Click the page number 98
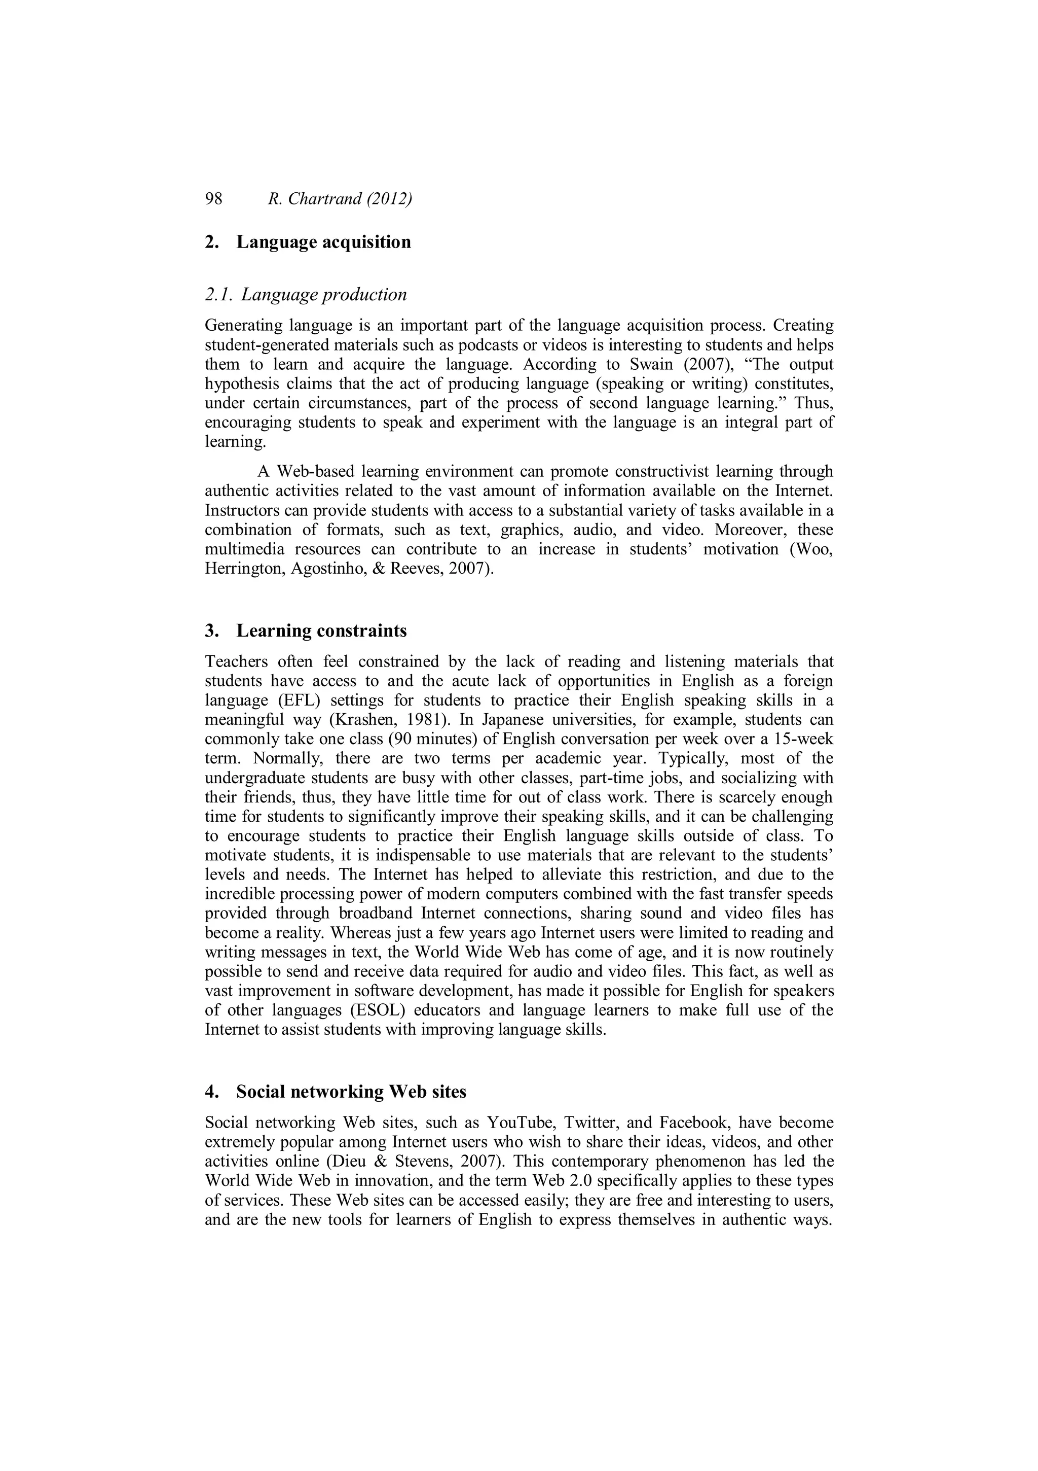click(213, 199)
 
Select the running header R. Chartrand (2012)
click(340, 199)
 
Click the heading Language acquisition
click(323, 242)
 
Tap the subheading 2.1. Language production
click(306, 295)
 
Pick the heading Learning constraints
click(321, 631)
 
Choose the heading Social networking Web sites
click(351, 1091)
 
